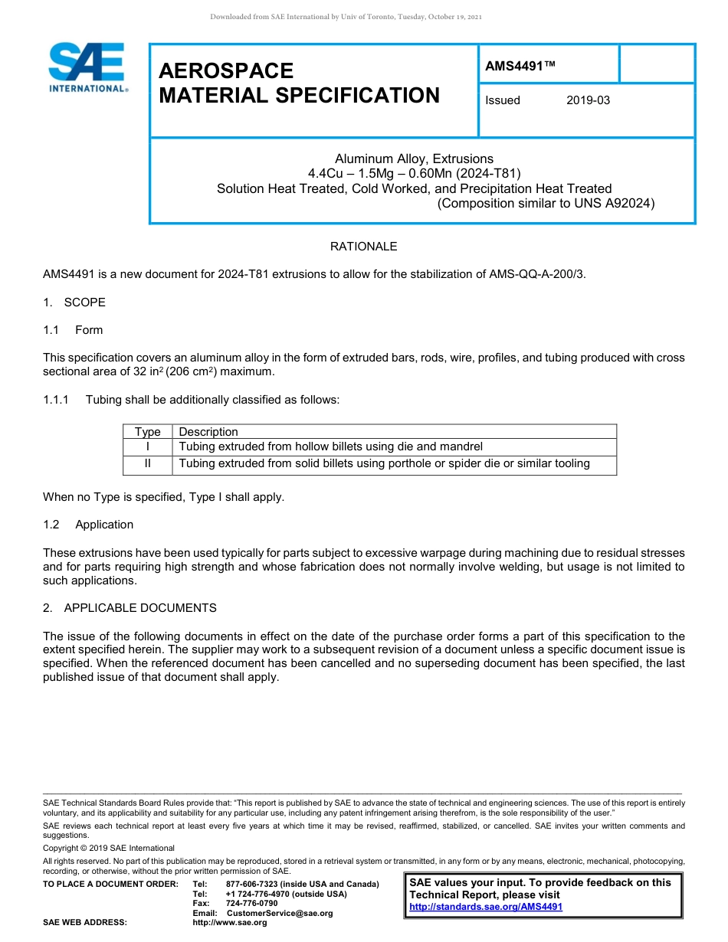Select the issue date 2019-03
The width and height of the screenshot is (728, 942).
[x=588, y=100]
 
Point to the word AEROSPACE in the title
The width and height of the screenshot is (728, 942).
[x=226, y=71]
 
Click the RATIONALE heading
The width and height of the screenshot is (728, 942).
[x=363, y=247]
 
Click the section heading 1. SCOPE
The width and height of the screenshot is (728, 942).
[x=74, y=303]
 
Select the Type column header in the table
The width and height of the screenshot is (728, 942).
[x=147, y=432]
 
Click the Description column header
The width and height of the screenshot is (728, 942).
[x=208, y=432]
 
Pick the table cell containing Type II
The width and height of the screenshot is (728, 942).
[x=147, y=463]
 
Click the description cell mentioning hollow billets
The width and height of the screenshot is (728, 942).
[x=330, y=446]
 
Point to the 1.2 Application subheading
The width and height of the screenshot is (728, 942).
[x=88, y=525]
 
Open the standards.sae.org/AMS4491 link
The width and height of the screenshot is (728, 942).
[x=486, y=907]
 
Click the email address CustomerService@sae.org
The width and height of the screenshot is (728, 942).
[x=280, y=913]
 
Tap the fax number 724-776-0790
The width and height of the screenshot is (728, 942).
[x=252, y=904]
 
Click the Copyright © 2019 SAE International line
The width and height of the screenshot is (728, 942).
[x=109, y=848]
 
